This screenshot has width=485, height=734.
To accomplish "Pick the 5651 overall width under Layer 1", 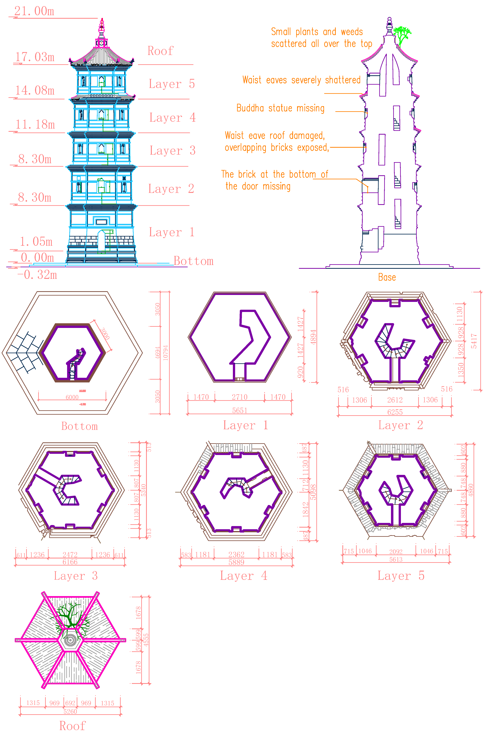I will click(240, 410).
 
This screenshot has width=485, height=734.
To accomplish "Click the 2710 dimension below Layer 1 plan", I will click(240, 397).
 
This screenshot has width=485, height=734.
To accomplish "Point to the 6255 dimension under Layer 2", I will click(395, 412).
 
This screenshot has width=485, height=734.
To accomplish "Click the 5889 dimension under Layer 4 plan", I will click(236, 562).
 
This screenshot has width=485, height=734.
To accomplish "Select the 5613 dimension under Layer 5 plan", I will click(396, 559).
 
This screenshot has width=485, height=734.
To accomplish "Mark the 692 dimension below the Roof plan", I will click(70, 703).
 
